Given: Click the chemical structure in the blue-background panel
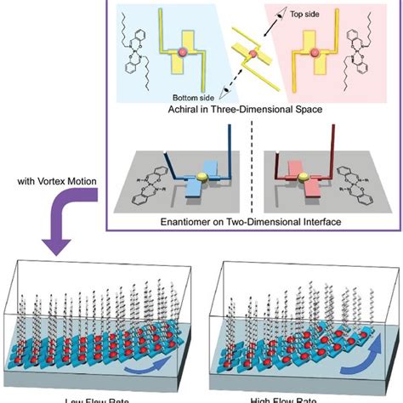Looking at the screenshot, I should click(x=141, y=51).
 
